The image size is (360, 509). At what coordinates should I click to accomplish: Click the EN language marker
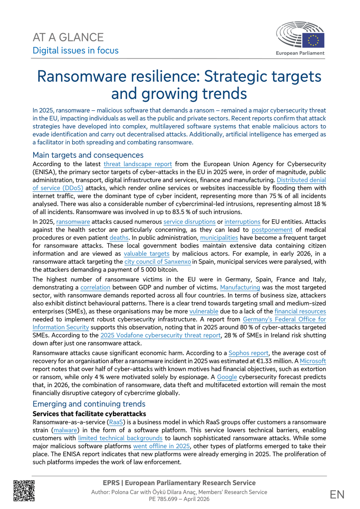click(x=337, y=494)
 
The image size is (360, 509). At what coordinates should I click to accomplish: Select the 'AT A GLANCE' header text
click(x=68, y=37)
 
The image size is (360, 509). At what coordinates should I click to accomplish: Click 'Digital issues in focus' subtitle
click(x=76, y=50)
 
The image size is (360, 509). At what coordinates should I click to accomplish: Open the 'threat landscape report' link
click(x=138, y=164)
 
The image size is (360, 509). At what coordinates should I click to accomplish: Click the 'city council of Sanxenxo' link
click(x=157, y=261)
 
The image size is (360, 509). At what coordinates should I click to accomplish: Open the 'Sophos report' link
click(x=248, y=353)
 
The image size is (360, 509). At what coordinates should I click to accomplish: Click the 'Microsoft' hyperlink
click(x=313, y=361)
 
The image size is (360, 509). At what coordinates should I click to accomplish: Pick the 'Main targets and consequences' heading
click(x=88, y=155)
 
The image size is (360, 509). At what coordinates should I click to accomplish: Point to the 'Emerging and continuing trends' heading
click(x=89, y=404)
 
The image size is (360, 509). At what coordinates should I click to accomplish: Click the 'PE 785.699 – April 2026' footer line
click(x=179, y=500)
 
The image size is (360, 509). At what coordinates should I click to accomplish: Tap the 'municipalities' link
click(x=219, y=237)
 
